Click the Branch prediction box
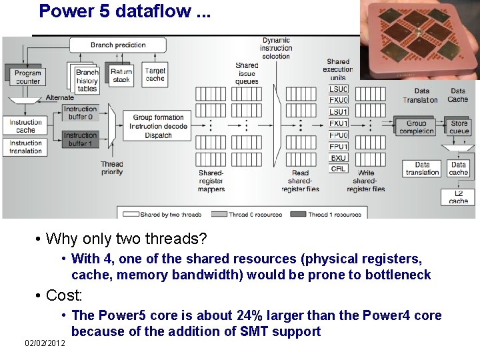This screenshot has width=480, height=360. coord(118,45)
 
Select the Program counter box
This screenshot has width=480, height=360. coord(27,77)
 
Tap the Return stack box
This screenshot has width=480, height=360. coord(121,76)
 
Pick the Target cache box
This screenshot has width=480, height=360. coord(155,75)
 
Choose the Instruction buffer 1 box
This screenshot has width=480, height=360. coord(80,139)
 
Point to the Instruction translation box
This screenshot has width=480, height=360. coord(26,147)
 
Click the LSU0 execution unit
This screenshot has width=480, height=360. coord(339,89)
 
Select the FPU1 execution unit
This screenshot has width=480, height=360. coord(339,146)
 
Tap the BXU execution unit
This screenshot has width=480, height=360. coord(339,158)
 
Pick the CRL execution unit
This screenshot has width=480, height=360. coord(339,169)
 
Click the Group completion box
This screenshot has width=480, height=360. coord(417,127)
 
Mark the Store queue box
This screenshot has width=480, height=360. coord(459,127)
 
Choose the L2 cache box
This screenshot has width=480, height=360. coord(459,197)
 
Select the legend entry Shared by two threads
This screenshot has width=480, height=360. coord(163,214)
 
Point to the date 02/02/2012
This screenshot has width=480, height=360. coord(45,343)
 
